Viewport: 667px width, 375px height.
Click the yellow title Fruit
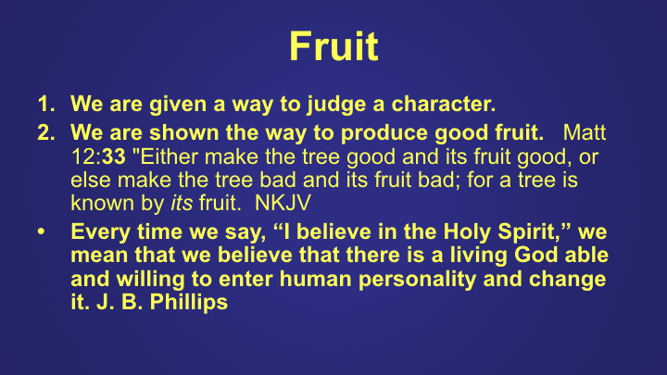tap(333, 44)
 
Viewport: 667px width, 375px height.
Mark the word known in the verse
tap(96, 201)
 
